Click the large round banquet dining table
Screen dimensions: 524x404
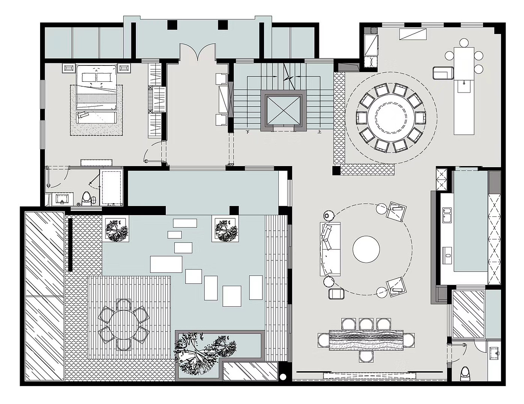[x=391, y=118]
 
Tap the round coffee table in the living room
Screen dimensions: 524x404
[x=366, y=249]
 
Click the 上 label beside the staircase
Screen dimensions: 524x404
[x=319, y=132]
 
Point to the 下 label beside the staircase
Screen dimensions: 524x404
[x=247, y=132]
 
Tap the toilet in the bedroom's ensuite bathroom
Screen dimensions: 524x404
[x=86, y=199]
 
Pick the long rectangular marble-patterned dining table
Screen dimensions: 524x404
[x=366, y=341]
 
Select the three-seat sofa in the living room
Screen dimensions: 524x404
[x=330, y=249]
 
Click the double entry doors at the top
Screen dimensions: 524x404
[x=197, y=52]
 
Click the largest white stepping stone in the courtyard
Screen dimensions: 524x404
[x=166, y=264]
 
